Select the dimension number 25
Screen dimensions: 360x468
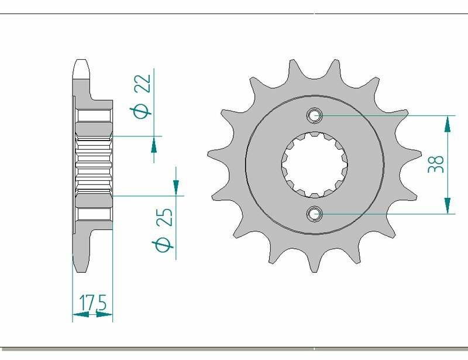(166, 217)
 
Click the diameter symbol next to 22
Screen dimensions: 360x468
(143, 111)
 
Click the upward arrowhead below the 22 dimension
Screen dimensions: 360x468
(154, 145)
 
